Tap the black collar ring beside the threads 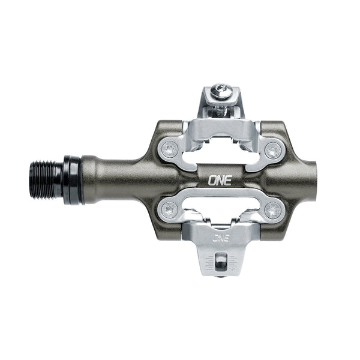[72, 180]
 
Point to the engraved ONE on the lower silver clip [220, 237]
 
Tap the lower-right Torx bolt [273, 210]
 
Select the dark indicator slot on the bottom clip [221, 261]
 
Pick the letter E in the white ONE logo [227, 179]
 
